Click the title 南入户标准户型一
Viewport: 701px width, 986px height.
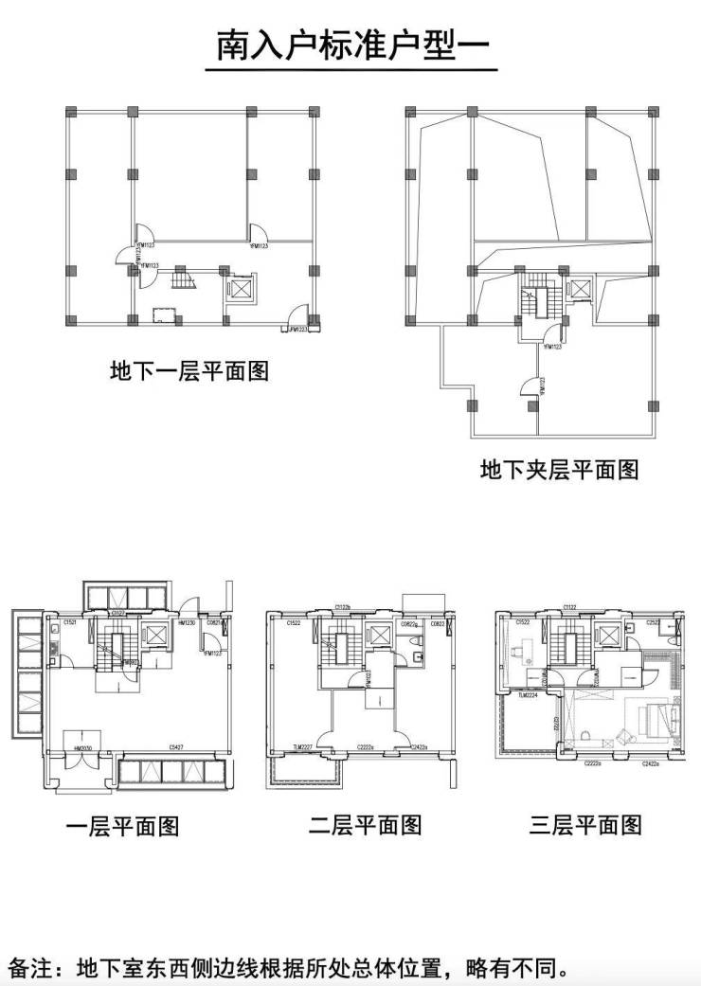point(350,46)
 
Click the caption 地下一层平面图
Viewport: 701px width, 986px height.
point(189,370)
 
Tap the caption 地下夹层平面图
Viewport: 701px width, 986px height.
point(559,469)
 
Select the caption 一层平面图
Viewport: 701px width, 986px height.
point(123,826)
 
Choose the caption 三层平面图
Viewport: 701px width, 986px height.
point(585,825)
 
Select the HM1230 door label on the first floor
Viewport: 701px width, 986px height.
point(186,623)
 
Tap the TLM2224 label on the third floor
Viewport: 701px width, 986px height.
point(528,694)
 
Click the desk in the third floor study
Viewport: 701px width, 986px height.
point(520,652)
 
